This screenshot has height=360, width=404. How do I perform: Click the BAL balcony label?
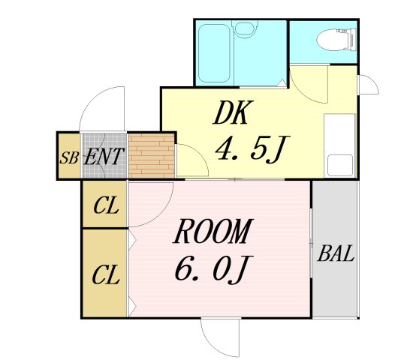pos(336,253)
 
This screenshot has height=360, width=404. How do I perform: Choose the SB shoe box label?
pos(69,158)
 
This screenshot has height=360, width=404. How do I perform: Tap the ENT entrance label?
pos(104,157)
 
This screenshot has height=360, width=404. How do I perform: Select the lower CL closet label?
pos(106,274)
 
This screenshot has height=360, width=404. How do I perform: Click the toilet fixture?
pos(330,37)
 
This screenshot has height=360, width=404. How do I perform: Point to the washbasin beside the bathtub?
pos(243,30)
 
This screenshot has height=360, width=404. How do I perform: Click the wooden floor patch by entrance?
pos(151,156)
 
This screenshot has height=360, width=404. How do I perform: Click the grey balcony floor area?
pos(335,285)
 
